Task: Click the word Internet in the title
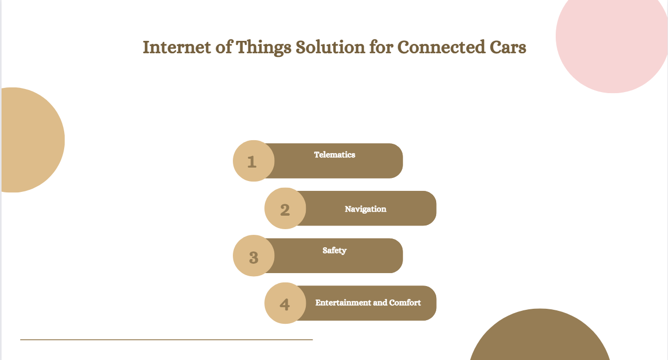pos(177,48)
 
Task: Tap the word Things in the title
pos(263,48)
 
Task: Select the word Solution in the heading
pos(330,47)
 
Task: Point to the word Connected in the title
pos(441,47)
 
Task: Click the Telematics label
pos(335,155)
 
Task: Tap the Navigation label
pos(365,209)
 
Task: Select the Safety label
pos(334,251)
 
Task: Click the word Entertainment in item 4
pos(343,303)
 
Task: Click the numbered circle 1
pos(254,161)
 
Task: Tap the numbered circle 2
pos(285,208)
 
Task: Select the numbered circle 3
pos(254,256)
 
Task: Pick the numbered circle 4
pos(285,303)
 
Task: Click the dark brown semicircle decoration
pos(540,337)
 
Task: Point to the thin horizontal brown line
pos(167,339)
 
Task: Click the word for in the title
pos(381,47)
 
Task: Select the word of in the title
pos(224,47)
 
